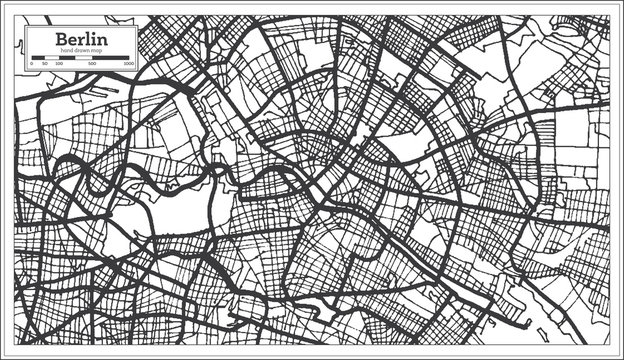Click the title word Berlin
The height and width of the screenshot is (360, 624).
point(83,38)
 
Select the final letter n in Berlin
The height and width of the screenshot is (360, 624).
point(101,39)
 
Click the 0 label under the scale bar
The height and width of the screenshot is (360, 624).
point(33,63)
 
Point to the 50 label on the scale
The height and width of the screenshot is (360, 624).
point(44,63)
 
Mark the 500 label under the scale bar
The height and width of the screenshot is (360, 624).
point(92,63)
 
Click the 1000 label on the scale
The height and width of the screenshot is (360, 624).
point(129,63)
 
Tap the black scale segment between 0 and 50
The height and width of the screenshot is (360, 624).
point(38,57)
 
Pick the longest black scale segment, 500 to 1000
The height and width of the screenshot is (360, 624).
point(111,57)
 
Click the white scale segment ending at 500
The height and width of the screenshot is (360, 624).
point(83,57)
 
